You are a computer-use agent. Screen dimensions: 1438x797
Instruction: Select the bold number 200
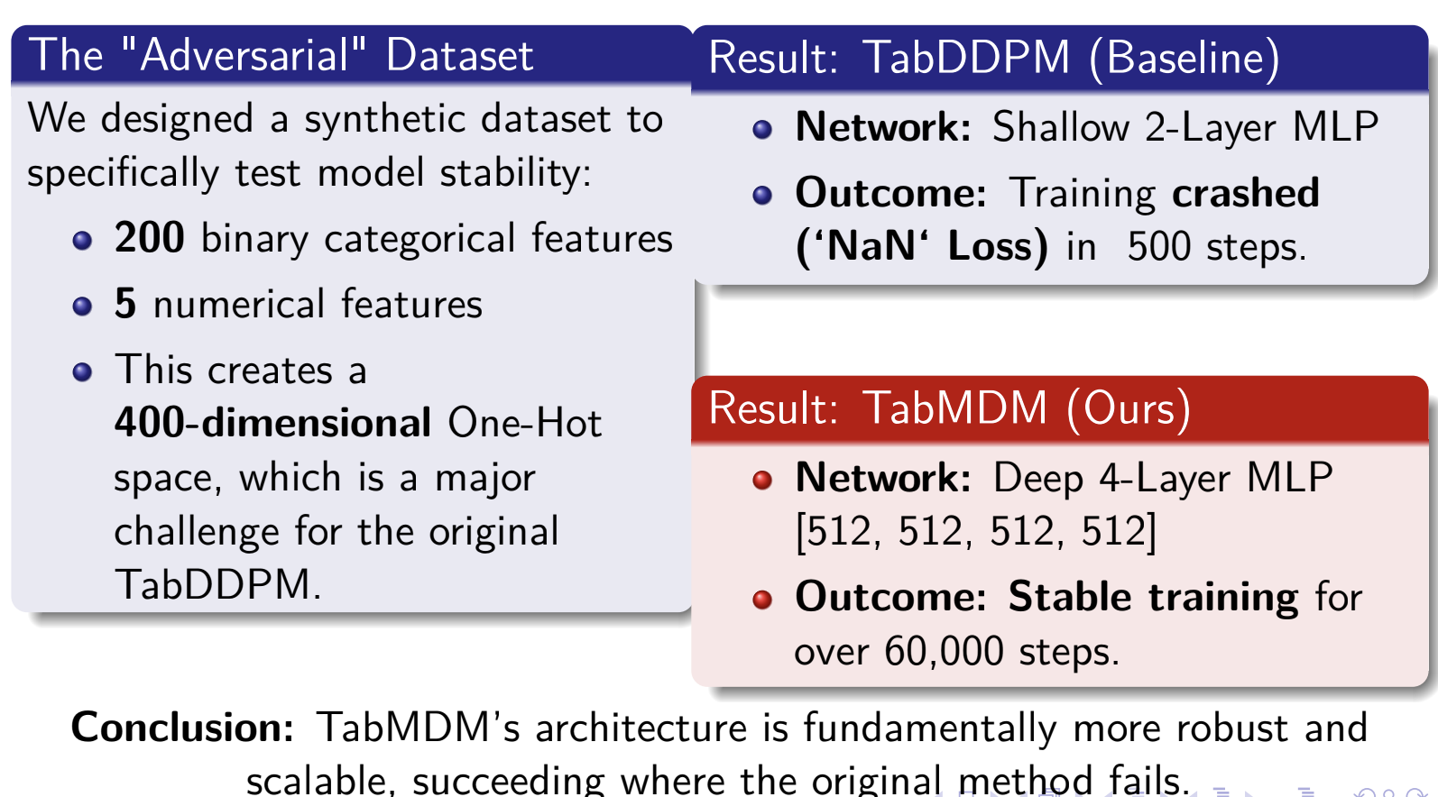tap(150, 237)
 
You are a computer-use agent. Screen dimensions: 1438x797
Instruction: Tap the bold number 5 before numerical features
tap(125, 303)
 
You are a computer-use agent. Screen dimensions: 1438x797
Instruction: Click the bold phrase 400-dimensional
tap(272, 422)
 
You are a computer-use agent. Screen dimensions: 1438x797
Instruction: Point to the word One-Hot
tap(525, 422)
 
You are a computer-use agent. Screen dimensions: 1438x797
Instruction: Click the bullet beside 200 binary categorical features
tap(82, 241)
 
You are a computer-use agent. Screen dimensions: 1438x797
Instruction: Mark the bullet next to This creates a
tap(82, 372)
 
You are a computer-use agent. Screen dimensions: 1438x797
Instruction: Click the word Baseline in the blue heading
tap(1185, 58)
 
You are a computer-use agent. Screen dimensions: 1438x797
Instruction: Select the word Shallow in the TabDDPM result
tap(1061, 126)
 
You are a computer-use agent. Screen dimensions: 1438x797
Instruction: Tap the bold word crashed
tap(1246, 192)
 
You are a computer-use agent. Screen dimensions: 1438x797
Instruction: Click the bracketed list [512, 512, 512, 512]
tap(976, 532)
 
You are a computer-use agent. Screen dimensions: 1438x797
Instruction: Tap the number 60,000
tap(944, 651)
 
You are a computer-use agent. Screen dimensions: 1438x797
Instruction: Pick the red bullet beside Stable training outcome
tap(762, 600)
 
